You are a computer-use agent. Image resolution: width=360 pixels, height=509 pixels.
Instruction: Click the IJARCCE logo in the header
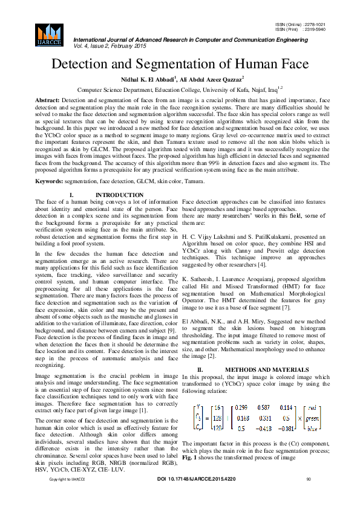[x=49, y=35]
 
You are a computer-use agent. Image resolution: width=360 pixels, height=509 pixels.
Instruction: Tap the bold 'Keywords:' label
[x=50, y=164]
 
